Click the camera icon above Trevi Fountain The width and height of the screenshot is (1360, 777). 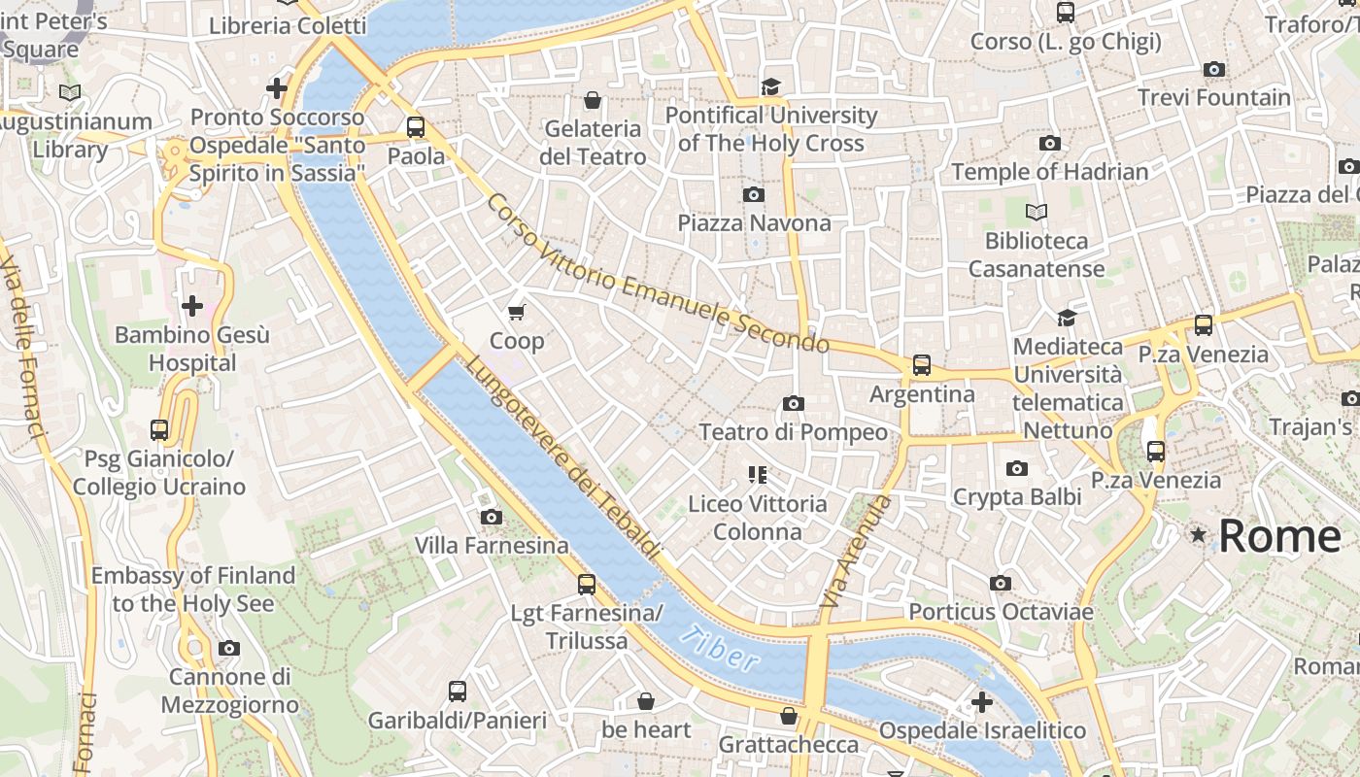[x=1213, y=69]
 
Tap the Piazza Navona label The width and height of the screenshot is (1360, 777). [x=754, y=223]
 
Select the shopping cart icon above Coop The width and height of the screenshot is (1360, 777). [x=517, y=312]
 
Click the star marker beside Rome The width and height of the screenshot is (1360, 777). [x=1199, y=535]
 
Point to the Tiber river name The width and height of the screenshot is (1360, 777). [x=719, y=649]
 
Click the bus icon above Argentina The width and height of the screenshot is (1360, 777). [x=921, y=365]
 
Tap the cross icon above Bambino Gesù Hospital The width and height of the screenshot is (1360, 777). [x=192, y=306]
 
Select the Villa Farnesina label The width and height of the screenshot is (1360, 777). [x=492, y=546]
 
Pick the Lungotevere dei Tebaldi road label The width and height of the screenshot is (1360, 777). [x=563, y=456]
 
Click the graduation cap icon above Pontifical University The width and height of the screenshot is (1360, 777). [x=770, y=86]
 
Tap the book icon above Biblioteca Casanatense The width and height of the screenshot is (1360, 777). [x=1037, y=211]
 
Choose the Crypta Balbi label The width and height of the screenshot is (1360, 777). [x=1016, y=497]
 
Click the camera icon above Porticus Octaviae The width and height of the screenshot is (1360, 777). [x=1001, y=583]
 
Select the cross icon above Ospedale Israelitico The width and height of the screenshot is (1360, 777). [x=982, y=701]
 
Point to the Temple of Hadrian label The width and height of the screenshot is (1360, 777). [x=1049, y=172]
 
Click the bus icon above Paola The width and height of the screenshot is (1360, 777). [x=416, y=126]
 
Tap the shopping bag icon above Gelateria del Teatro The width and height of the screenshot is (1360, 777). [x=593, y=100]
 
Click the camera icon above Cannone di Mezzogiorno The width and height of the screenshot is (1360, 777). [x=229, y=648]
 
